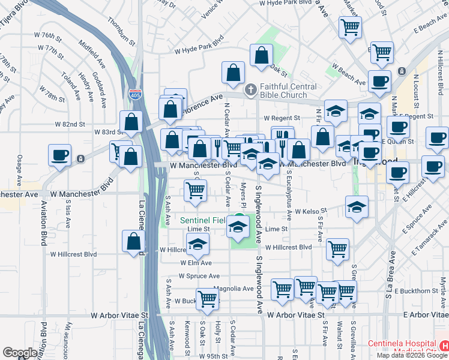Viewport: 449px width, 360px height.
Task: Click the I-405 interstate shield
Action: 136,94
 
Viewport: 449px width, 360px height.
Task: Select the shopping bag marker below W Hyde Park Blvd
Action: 262,56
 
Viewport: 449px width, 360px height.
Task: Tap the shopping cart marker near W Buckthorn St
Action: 207,298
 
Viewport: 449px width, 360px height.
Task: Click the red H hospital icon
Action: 444,347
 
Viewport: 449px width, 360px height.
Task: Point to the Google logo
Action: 20,353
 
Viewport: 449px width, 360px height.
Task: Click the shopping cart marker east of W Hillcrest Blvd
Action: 338,248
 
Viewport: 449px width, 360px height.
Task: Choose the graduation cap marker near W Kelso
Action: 357,207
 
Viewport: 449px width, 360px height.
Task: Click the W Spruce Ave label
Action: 200,276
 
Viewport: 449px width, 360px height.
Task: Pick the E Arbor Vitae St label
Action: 426,314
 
